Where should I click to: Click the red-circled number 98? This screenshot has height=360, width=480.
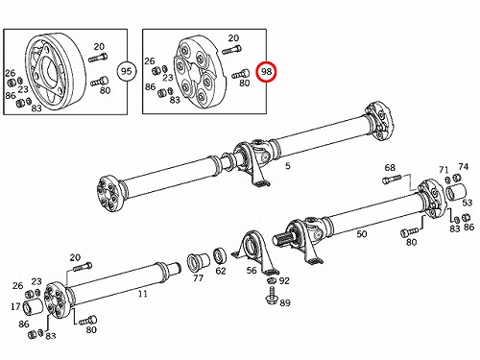pos(266,71)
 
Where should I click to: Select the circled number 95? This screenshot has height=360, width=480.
pos(127,71)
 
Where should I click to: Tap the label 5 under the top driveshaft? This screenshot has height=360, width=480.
pos(288,166)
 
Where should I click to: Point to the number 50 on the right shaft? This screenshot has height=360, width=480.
pos(362,234)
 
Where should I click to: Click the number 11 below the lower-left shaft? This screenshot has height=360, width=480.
pos(143,294)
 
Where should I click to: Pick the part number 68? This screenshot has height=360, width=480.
pos(390,167)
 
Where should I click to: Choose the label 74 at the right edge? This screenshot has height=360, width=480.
pos(463,166)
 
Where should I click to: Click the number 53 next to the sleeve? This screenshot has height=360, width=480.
pos(468,203)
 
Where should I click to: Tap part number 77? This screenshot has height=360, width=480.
pos(198,277)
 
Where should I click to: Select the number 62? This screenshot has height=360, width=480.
pos(221,271)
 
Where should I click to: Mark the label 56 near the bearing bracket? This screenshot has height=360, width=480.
pos(252,271)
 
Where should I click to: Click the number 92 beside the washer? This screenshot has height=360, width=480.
pos(284,280)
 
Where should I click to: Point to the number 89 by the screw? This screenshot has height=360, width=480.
pos(285,302)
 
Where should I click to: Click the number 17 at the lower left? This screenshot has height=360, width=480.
pos(15,306)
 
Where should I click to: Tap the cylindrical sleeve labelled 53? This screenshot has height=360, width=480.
pos(456,193)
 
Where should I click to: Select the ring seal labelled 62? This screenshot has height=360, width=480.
pos(220,254)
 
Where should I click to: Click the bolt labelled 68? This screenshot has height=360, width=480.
pos(392,180)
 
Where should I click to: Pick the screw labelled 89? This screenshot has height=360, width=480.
pos(272,296)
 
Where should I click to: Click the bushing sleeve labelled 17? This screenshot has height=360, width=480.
pos(34,307)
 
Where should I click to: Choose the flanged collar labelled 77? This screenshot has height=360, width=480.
pos(198,261)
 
